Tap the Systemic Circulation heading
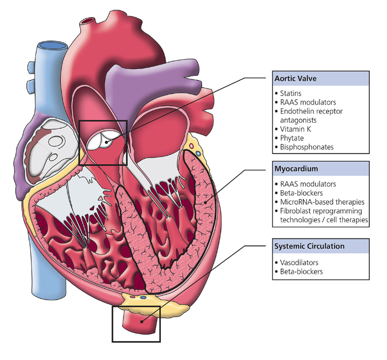[309, 246]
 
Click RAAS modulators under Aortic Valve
[308, 102]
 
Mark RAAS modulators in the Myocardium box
[308, 184]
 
